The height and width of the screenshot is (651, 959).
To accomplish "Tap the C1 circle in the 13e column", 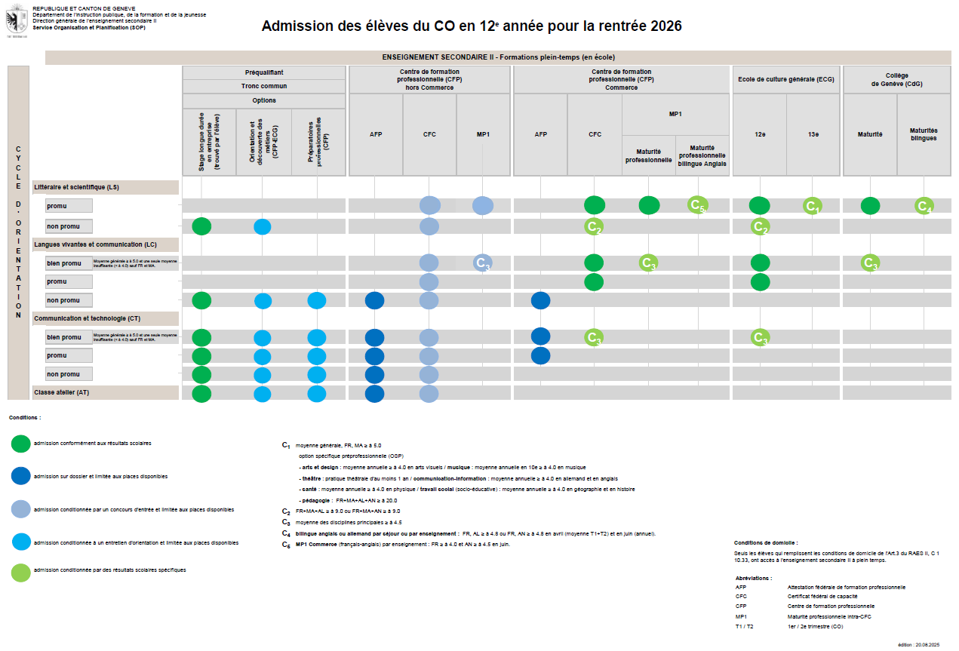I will click(x=813, y=206).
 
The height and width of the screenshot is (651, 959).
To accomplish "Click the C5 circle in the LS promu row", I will click(x=698, y=205).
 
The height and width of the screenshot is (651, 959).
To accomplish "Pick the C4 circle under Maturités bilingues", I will click(x=924, y=206).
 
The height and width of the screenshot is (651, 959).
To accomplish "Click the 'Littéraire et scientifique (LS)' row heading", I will click(x=76, y=187).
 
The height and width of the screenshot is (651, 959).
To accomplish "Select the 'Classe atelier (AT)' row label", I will click(x=62, y=393).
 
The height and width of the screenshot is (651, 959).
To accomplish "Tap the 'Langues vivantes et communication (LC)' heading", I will click(x=95, y=244).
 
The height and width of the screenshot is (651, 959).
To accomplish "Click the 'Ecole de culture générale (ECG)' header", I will click(x=786, y=78).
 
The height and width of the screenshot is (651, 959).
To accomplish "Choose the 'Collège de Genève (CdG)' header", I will click(x=897, y=79).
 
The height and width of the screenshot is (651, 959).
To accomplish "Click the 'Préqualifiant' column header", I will click(x=264, y=72).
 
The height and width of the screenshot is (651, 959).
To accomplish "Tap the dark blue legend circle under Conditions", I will click(x=21, y=476).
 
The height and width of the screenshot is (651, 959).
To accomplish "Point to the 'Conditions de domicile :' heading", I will click(x=765, y=542).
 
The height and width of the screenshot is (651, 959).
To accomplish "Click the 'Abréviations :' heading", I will click(x=753, y=578).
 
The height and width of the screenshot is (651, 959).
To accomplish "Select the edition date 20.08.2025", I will click(x=927, y=645).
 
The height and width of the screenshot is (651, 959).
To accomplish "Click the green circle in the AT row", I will click(x=201, y=393).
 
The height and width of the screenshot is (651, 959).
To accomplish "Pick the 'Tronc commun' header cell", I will click(x=264, y=86).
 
